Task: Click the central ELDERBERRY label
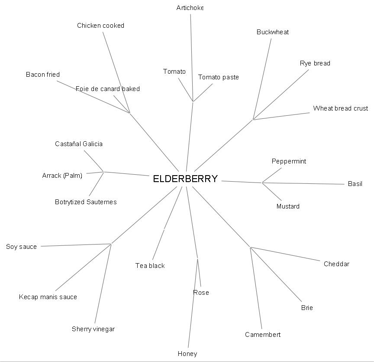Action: [185, 179]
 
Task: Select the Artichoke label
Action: [190, 8]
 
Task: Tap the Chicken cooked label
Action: [100, 26]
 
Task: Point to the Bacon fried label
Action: [43, 75]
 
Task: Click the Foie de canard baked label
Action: [108, 89]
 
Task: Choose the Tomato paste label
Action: [218, 77]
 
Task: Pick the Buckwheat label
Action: [273, 32]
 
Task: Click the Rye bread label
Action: [315, 63]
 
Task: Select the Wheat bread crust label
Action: [340, 108]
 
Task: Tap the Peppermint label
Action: [289, 161]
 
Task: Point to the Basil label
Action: [355, 184]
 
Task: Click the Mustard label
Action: [288, 206]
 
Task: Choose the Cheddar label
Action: [336, 264]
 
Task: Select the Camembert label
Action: [263, 335]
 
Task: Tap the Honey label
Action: [187, 354]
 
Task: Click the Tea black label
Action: [150, 266]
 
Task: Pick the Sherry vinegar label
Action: [93, 329]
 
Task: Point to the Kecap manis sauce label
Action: [48, 297]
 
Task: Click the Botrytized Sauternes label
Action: [86, 202]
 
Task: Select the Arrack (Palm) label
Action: [62, 176]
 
